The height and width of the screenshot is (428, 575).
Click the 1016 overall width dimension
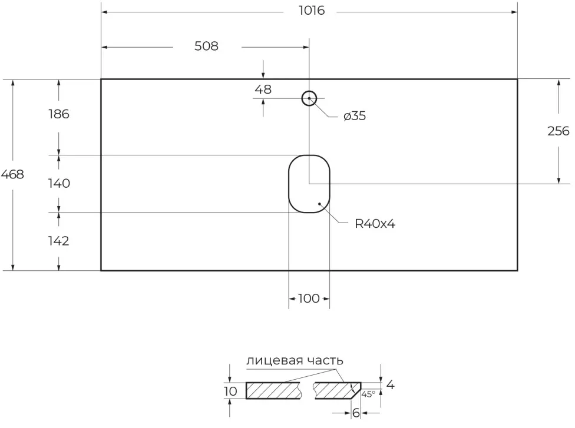click(311, 11)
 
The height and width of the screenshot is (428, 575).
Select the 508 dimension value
click(206, 46)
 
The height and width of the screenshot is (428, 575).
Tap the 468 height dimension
click(12, 174)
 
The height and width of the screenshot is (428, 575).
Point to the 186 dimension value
click(58, 114)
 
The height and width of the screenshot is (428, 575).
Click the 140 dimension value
click(59, 183)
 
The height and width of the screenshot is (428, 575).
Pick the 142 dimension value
click(58, 241)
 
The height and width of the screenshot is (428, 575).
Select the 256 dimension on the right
click(558, 131)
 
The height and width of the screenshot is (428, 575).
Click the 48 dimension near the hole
click(263, 89)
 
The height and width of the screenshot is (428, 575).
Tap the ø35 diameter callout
click(355, 116)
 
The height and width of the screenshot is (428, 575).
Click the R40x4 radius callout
click(374, 223)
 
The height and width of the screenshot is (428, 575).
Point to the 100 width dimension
click(309, 298)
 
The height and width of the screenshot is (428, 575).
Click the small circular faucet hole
click(309, 98)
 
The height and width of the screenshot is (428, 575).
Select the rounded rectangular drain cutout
click(309, 183)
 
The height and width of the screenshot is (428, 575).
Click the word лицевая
click(269, 360)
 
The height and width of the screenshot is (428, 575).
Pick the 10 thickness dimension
click(230, 391)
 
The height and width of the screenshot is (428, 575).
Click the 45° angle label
click(368, 393)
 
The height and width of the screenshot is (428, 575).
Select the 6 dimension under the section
click(356, 413)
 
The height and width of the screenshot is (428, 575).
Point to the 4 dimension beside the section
click(390, 386)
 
